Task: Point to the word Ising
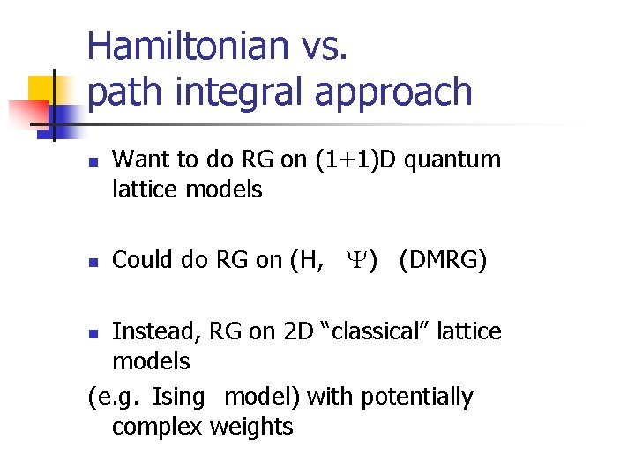[x=177, y=397]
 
